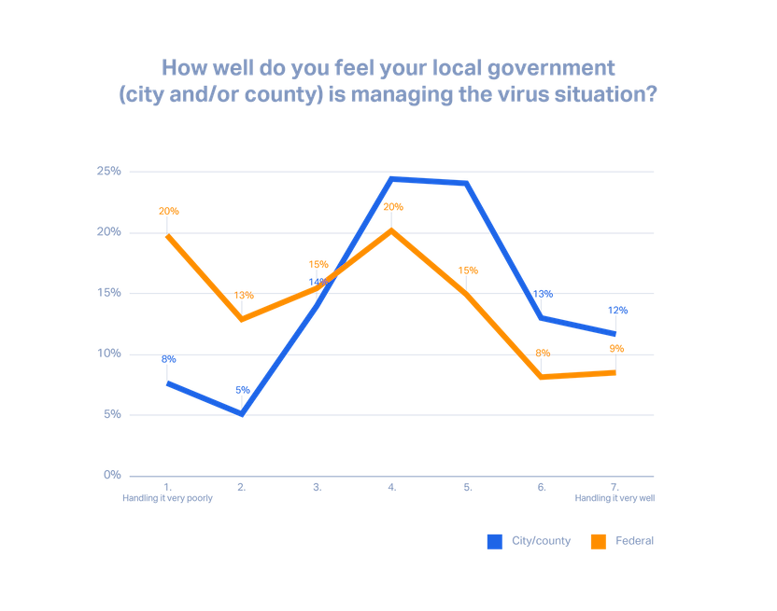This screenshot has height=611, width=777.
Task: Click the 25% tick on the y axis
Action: pos(109,172)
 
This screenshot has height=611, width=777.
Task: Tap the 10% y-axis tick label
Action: pos(109,354)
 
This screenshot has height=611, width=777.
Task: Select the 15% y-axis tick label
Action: pos(109,293)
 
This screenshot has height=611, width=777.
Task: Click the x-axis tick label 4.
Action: pos(391,487)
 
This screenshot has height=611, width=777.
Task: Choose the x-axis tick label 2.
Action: pos(242,487)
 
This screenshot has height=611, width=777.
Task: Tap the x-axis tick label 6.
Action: pos(541,487)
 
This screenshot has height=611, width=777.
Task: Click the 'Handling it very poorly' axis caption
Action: pos(167,499)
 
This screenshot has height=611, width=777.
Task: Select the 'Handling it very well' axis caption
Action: pos(615,499)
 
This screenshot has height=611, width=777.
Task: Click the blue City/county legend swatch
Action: pos(494,541)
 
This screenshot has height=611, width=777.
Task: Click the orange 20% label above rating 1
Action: pos(168,211)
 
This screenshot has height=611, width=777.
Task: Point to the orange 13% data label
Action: pos(243,295)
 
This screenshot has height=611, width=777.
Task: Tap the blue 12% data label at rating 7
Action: pos(616,310)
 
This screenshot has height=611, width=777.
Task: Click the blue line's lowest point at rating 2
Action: pos(242,413)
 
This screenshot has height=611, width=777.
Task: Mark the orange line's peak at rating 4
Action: pos(391,229)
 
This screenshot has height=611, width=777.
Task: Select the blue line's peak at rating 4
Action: pos(391,177)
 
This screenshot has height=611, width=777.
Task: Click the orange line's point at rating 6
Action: pos(542,377)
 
